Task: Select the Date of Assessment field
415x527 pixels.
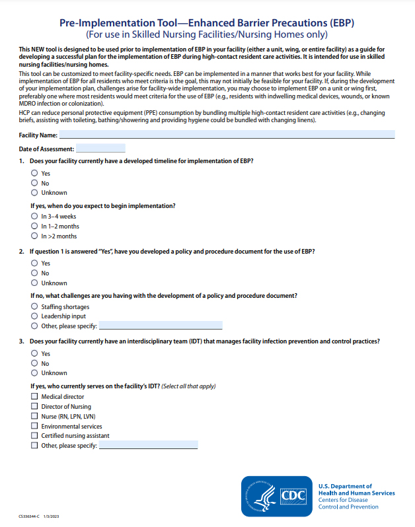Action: [x=100, y=149]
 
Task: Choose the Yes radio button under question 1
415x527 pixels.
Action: [x=34, y=174]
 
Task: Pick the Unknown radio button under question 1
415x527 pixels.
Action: [x=34, y=193]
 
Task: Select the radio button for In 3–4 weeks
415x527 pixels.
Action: [x=34, y=217]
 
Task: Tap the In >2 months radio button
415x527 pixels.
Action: [x=34, y=236]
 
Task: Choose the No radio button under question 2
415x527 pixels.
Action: [x=34, y=273]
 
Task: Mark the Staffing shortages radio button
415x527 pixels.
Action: [x=34, y=306]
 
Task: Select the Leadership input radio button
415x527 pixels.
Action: [x=34, y=316]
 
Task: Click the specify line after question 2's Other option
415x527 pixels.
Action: [x=161, y=326]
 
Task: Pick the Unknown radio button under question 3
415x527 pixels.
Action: [x=34, y=373]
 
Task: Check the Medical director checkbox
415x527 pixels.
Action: [x=34, y=397]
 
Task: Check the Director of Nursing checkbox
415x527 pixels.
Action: [x=34, y=407]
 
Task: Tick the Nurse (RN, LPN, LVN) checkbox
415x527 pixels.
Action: [x=34, y=417]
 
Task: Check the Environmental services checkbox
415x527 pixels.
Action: [x=34, y=427]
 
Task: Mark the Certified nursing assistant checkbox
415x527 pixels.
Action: [x=34, y=436]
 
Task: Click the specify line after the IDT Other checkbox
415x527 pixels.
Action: [x=148, y=446]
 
